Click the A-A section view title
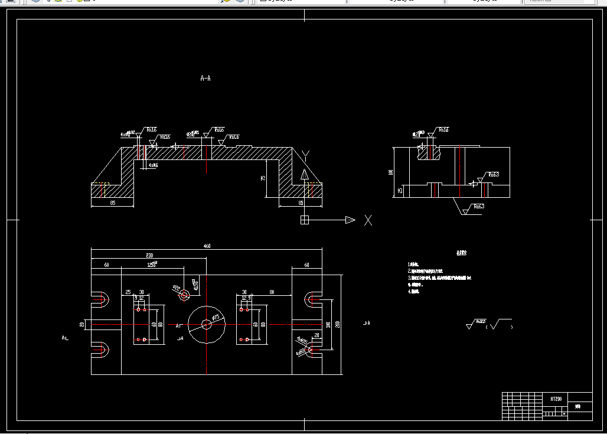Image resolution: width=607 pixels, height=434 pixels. click(205, 77)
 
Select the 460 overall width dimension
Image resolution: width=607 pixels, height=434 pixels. click(207, 246)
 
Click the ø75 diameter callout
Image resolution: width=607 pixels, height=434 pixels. click(216, 317)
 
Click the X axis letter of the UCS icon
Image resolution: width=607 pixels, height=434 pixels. click(368, 220)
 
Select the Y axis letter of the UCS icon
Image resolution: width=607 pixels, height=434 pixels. click(305, 155)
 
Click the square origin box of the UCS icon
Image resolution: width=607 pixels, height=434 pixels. click(305, 220)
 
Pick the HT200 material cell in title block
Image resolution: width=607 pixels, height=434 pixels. click(556, 399)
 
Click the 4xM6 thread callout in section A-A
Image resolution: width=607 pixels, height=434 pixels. click(153, 165)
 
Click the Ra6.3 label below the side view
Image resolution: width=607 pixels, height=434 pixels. click(478, 206)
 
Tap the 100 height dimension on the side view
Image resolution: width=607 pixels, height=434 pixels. click(390, 172)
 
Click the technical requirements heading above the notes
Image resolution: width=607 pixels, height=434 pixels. click(461, 253)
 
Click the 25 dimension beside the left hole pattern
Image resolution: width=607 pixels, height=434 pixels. click(128, 292)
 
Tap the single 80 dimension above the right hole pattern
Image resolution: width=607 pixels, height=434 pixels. click(272, 292)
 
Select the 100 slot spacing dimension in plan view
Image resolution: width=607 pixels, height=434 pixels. click(328, 324)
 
